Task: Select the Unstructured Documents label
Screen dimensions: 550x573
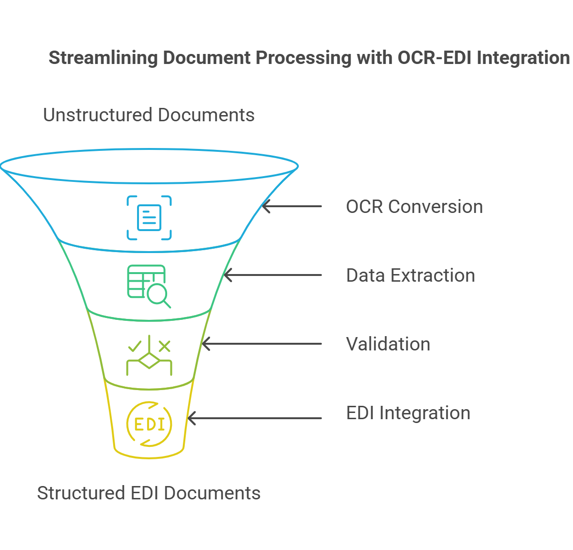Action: click(x=149, y=115)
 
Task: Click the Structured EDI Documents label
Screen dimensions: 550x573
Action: click(x=149, y=493)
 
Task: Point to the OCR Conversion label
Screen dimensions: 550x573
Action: click(x=414, y=207)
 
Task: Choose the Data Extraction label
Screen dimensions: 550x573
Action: click(x=410, y=275)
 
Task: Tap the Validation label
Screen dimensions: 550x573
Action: click(x=388, y=344)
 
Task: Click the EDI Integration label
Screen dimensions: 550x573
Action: click(x=408, y=413)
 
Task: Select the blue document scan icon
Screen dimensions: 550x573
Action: click(x=149, y=218)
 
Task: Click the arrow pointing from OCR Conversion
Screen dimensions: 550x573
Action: click(x=291, y=206)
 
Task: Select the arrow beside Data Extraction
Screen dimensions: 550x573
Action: click(x=272, y=275)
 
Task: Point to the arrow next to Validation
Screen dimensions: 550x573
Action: click(x=261, y=344)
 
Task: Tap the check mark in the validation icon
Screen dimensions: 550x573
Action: click(x=134, y=346)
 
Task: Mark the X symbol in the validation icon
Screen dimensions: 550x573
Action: click(x=164, y=346)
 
